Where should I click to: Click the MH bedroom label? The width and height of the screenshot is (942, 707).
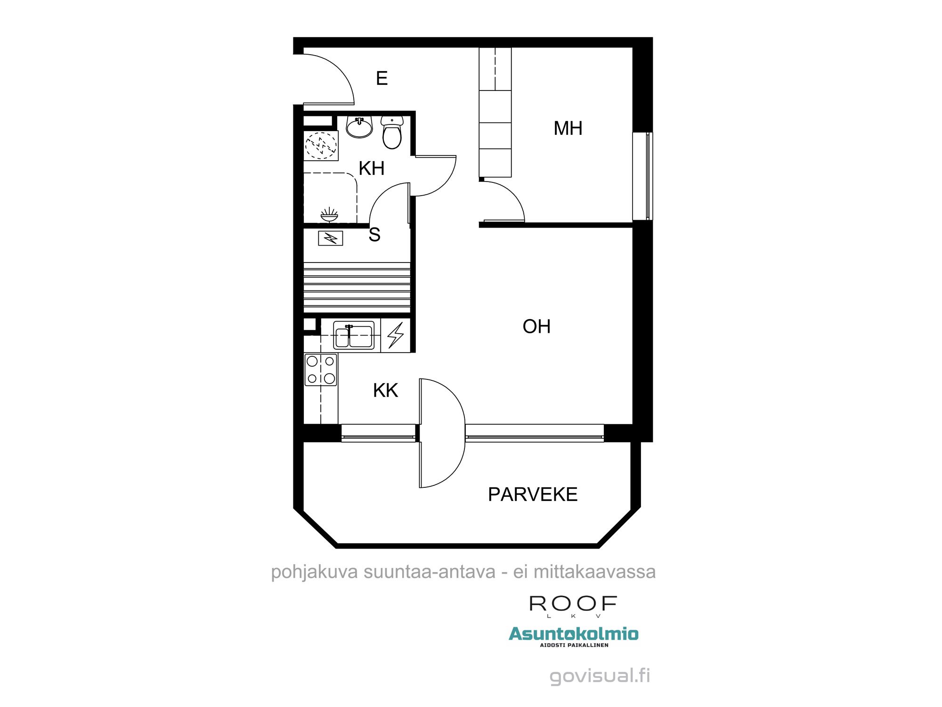click(568, 128)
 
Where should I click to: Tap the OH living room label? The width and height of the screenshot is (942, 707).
click(536, 326)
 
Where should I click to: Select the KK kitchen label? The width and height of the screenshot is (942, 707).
click(385, 390)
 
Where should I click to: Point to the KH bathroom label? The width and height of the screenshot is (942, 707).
click(372, 168)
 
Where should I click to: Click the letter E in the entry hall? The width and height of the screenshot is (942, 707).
click(382, 78)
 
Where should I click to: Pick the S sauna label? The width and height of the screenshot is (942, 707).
click(374, 235)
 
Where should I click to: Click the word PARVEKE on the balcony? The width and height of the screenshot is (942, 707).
click(533, 494)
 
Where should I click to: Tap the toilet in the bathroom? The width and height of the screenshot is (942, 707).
click(392, 133)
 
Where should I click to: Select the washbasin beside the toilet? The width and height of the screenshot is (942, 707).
click(359, 127)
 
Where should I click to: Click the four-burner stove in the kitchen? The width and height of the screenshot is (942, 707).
click(321, 370)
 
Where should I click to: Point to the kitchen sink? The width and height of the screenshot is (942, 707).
click(354, 335)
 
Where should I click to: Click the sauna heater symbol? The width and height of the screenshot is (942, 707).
click(331, 238)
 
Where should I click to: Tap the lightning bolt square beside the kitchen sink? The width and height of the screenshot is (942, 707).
click(396, 335)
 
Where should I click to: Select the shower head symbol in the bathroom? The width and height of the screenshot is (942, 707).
click(329, 215)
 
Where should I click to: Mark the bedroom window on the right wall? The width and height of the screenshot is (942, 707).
click(642, 176)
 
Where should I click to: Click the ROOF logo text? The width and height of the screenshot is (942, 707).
click(573, 604)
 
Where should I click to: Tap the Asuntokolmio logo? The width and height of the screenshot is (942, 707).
click(574, 634)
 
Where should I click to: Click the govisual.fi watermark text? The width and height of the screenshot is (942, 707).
click(600, 675)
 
